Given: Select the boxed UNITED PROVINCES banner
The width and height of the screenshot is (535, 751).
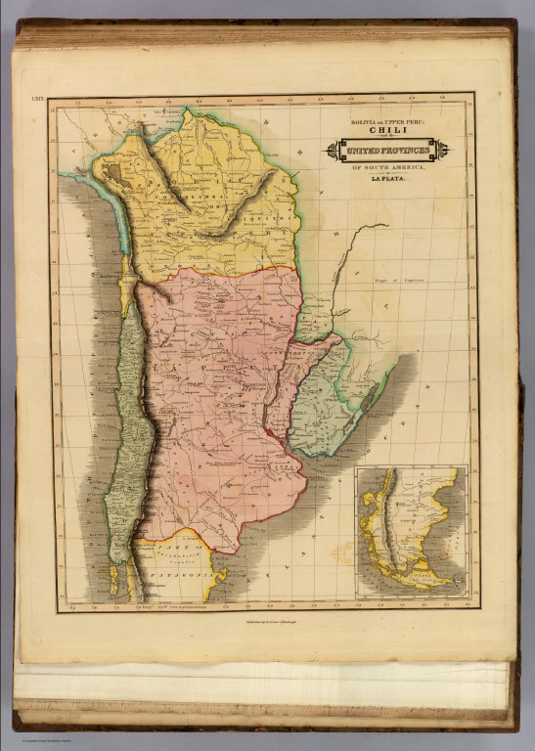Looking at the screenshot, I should point(388,150).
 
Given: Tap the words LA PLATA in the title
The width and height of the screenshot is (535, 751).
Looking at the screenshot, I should point(388,179).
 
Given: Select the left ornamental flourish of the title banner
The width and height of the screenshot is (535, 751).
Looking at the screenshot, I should point(334,150).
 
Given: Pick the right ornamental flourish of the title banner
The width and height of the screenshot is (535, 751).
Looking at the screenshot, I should point(442,150).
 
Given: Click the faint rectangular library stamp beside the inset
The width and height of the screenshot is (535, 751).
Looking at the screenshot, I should point(342,552).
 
